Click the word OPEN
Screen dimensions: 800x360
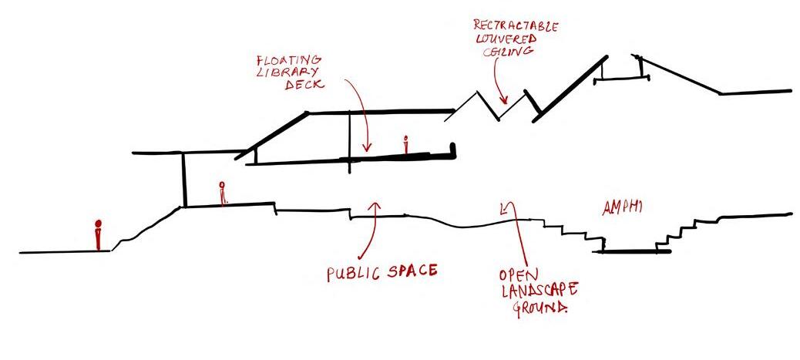pyautogui.click(x=518, y=275)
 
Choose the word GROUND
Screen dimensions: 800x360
pyautogui.click(x=541, y=308)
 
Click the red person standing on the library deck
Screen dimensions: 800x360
pyautogui.click(x=405, y=144)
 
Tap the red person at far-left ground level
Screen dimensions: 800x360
pyautogui.click(x=98, y=234)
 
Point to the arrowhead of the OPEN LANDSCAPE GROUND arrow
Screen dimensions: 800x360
pyautogui.click(x=505, y=206)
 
